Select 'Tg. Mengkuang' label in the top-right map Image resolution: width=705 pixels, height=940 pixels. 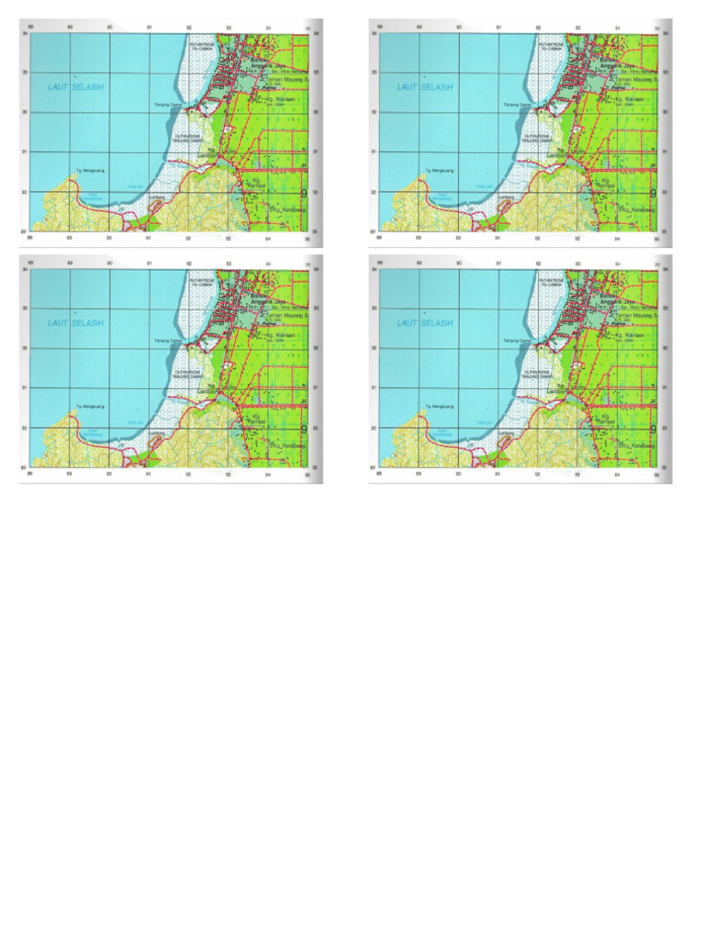pyautogui.click(x=440, y=170)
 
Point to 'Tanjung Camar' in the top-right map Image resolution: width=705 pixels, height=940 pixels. pyautogui.click(x=515, y=105)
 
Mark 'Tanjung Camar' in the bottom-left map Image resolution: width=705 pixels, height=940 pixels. pyautogui.click(x=166, y=341)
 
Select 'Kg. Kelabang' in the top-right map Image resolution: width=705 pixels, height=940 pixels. pyautogui.click(x=634, y=211)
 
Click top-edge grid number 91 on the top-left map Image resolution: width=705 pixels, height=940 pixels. pyautogui.click(x=149, y=28)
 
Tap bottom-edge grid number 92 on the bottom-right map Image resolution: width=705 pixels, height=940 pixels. pyautogui.click(x=536, y=474)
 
